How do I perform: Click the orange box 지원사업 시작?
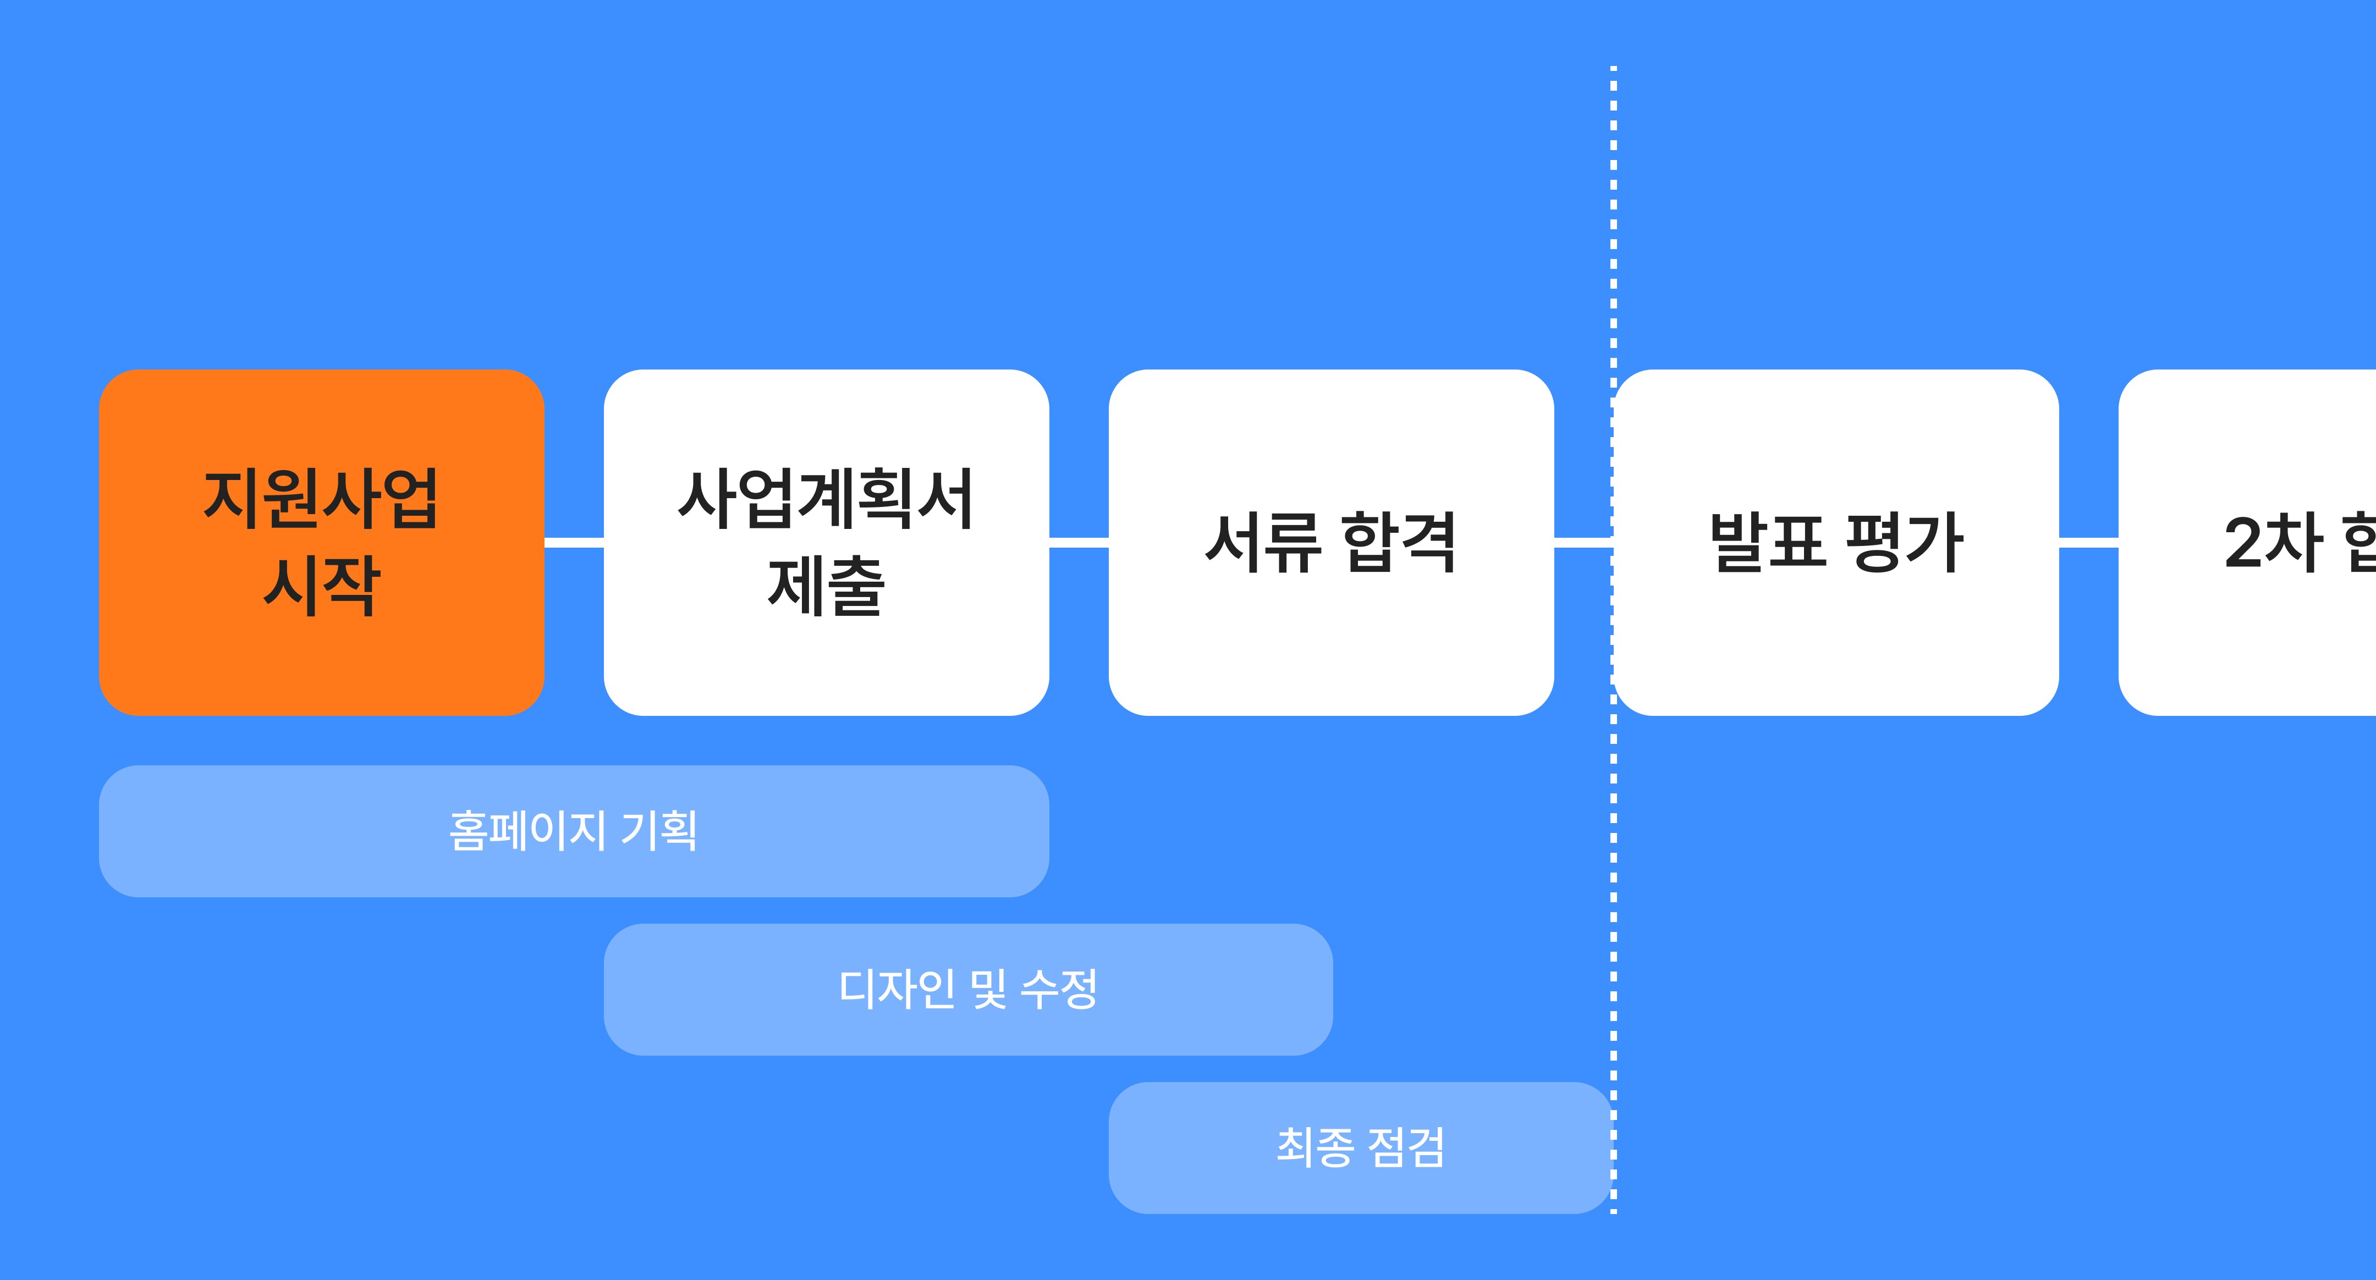click(x=321, y=542)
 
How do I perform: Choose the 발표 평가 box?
click(x=1835, y=542)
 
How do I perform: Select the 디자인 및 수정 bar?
click(x=967, y=990)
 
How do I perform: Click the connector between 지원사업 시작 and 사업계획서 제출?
click(x=574, y=542)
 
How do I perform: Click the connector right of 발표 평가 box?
click(x=2088, y=542)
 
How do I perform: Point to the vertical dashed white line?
click(x=1613, y=230)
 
